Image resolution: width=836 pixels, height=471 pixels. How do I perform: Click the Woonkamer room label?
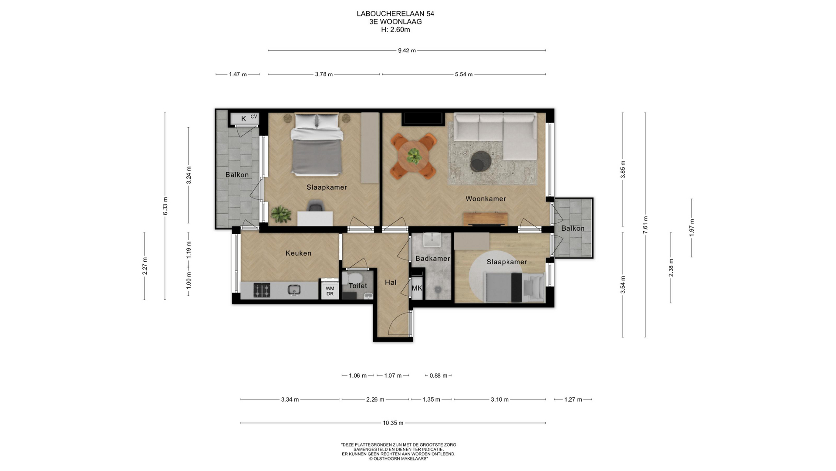click(x=485, y=199)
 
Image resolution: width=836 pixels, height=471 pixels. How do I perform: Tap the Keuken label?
click(x=298, y=253)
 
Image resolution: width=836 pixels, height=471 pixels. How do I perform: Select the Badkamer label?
click(x=432, y=259)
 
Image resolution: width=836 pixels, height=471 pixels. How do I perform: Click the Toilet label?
click(x=358, y=286)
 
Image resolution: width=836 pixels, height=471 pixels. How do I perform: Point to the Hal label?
click(x=391, y=283)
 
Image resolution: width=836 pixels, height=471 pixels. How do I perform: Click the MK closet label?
click(x=417, y=288)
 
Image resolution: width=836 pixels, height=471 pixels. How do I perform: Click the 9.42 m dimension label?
click(x=407, y=51)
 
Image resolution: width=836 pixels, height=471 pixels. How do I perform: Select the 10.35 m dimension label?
click(x=393, y=423)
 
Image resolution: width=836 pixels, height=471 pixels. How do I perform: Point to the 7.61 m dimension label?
click(x=645, y=225)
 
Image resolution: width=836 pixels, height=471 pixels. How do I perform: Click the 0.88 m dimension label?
click(x=438, y=375)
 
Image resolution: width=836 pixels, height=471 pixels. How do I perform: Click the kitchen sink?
click(x=295, y=290)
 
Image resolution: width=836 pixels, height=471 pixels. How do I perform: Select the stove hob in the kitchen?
click(x=262, y=290)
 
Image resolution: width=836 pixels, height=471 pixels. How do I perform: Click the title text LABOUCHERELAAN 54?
click(x=395, y=14)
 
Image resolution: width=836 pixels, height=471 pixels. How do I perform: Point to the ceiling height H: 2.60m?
click(x=395, y=30)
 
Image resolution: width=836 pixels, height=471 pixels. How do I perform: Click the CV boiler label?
click(x=254, y=116)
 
